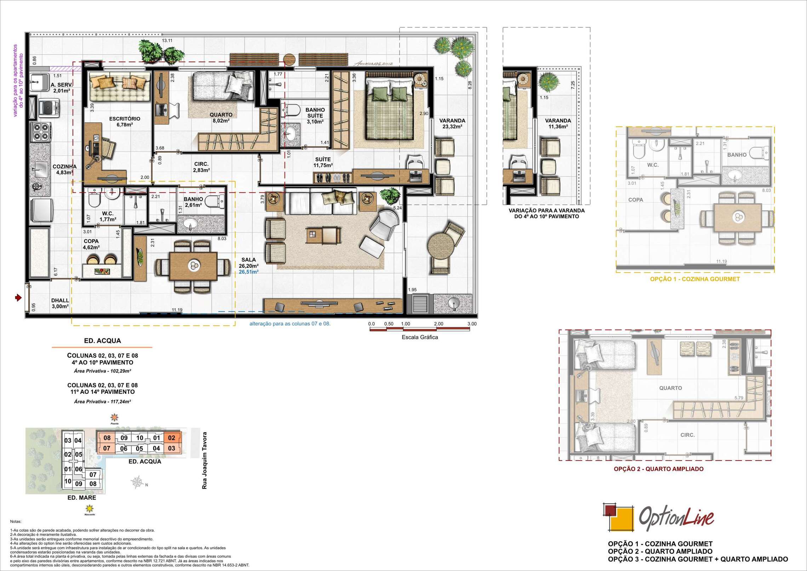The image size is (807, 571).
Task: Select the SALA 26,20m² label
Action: click(x=248, y=262)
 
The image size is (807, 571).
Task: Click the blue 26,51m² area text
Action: click(x=248, y=272)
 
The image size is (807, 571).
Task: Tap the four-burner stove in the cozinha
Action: click(x=41, y=132)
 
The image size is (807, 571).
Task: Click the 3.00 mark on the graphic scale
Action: click(x=471, y=324)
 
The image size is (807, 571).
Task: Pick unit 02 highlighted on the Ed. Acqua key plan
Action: click(x=172, y=438)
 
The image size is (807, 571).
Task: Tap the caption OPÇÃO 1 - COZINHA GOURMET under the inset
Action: click(x=695, y=279)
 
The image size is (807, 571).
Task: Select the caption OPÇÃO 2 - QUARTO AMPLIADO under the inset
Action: click(x=658, y=469)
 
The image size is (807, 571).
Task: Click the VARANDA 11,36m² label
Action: click(x=558, y=123)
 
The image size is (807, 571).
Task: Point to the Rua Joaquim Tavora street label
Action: click(x=204, y=460)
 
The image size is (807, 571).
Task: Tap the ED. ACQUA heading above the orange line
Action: click(x=102, y=341)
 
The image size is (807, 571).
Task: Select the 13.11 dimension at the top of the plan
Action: click(x=167, y=41)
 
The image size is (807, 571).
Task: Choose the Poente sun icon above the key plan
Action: click(x=114, y=417)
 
